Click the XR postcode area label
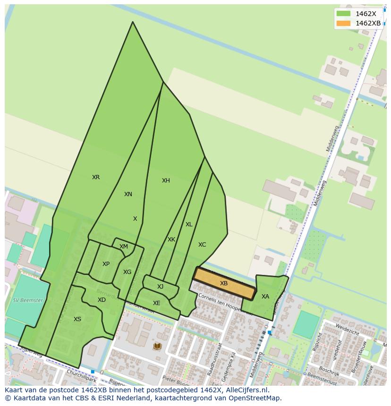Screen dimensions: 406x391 coord(96,177)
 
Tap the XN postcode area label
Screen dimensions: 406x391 coord(128,194)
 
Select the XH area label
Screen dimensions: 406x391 coord(166,181)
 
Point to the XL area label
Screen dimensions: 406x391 coord(189,224)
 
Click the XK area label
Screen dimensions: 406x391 coord(171,240)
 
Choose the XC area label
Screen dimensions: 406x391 coord(202,245)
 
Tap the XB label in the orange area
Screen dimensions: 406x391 coord(224,283)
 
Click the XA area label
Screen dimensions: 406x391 coord(265,297)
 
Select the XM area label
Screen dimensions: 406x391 coord(124,247)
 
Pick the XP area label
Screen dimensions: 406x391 coord(106,264)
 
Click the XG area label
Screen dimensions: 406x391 coord(127,272)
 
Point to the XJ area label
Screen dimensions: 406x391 coord(161,287)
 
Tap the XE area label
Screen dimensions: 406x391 coord(156,303)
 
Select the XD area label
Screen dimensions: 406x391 coord(102,300)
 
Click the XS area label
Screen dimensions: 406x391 coord(77,319)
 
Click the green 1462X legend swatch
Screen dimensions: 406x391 coord(343,14)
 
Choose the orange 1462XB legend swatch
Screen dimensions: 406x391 coord(343,23)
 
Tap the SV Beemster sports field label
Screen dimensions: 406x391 coord(28,300)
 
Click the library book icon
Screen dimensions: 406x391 coord(157,347)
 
